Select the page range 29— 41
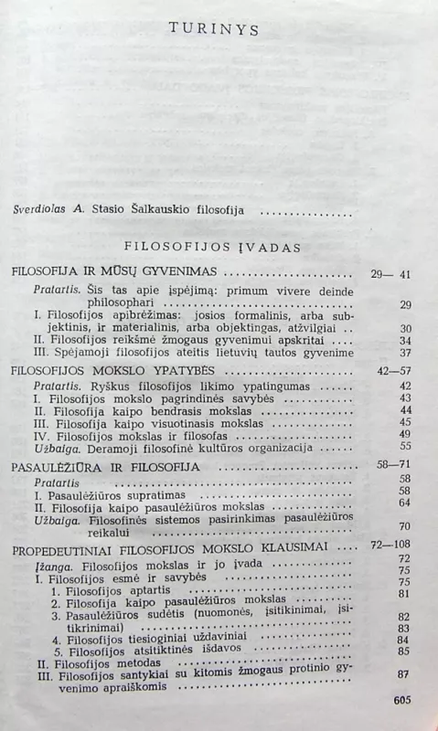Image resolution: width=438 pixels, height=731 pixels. click(391, 273)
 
